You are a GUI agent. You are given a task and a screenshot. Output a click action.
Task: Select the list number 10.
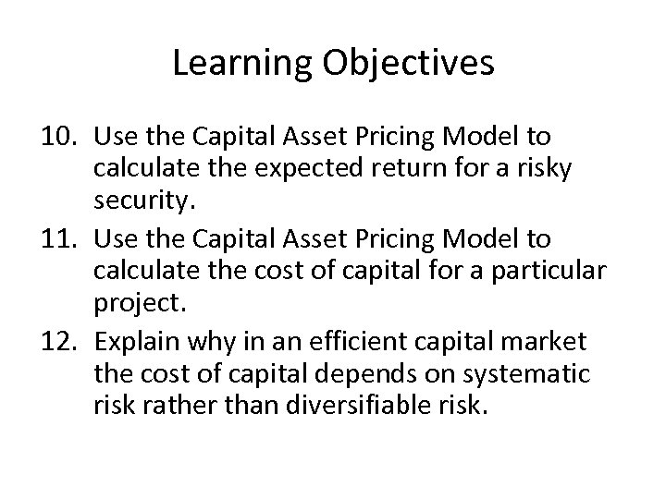point(61,138)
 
